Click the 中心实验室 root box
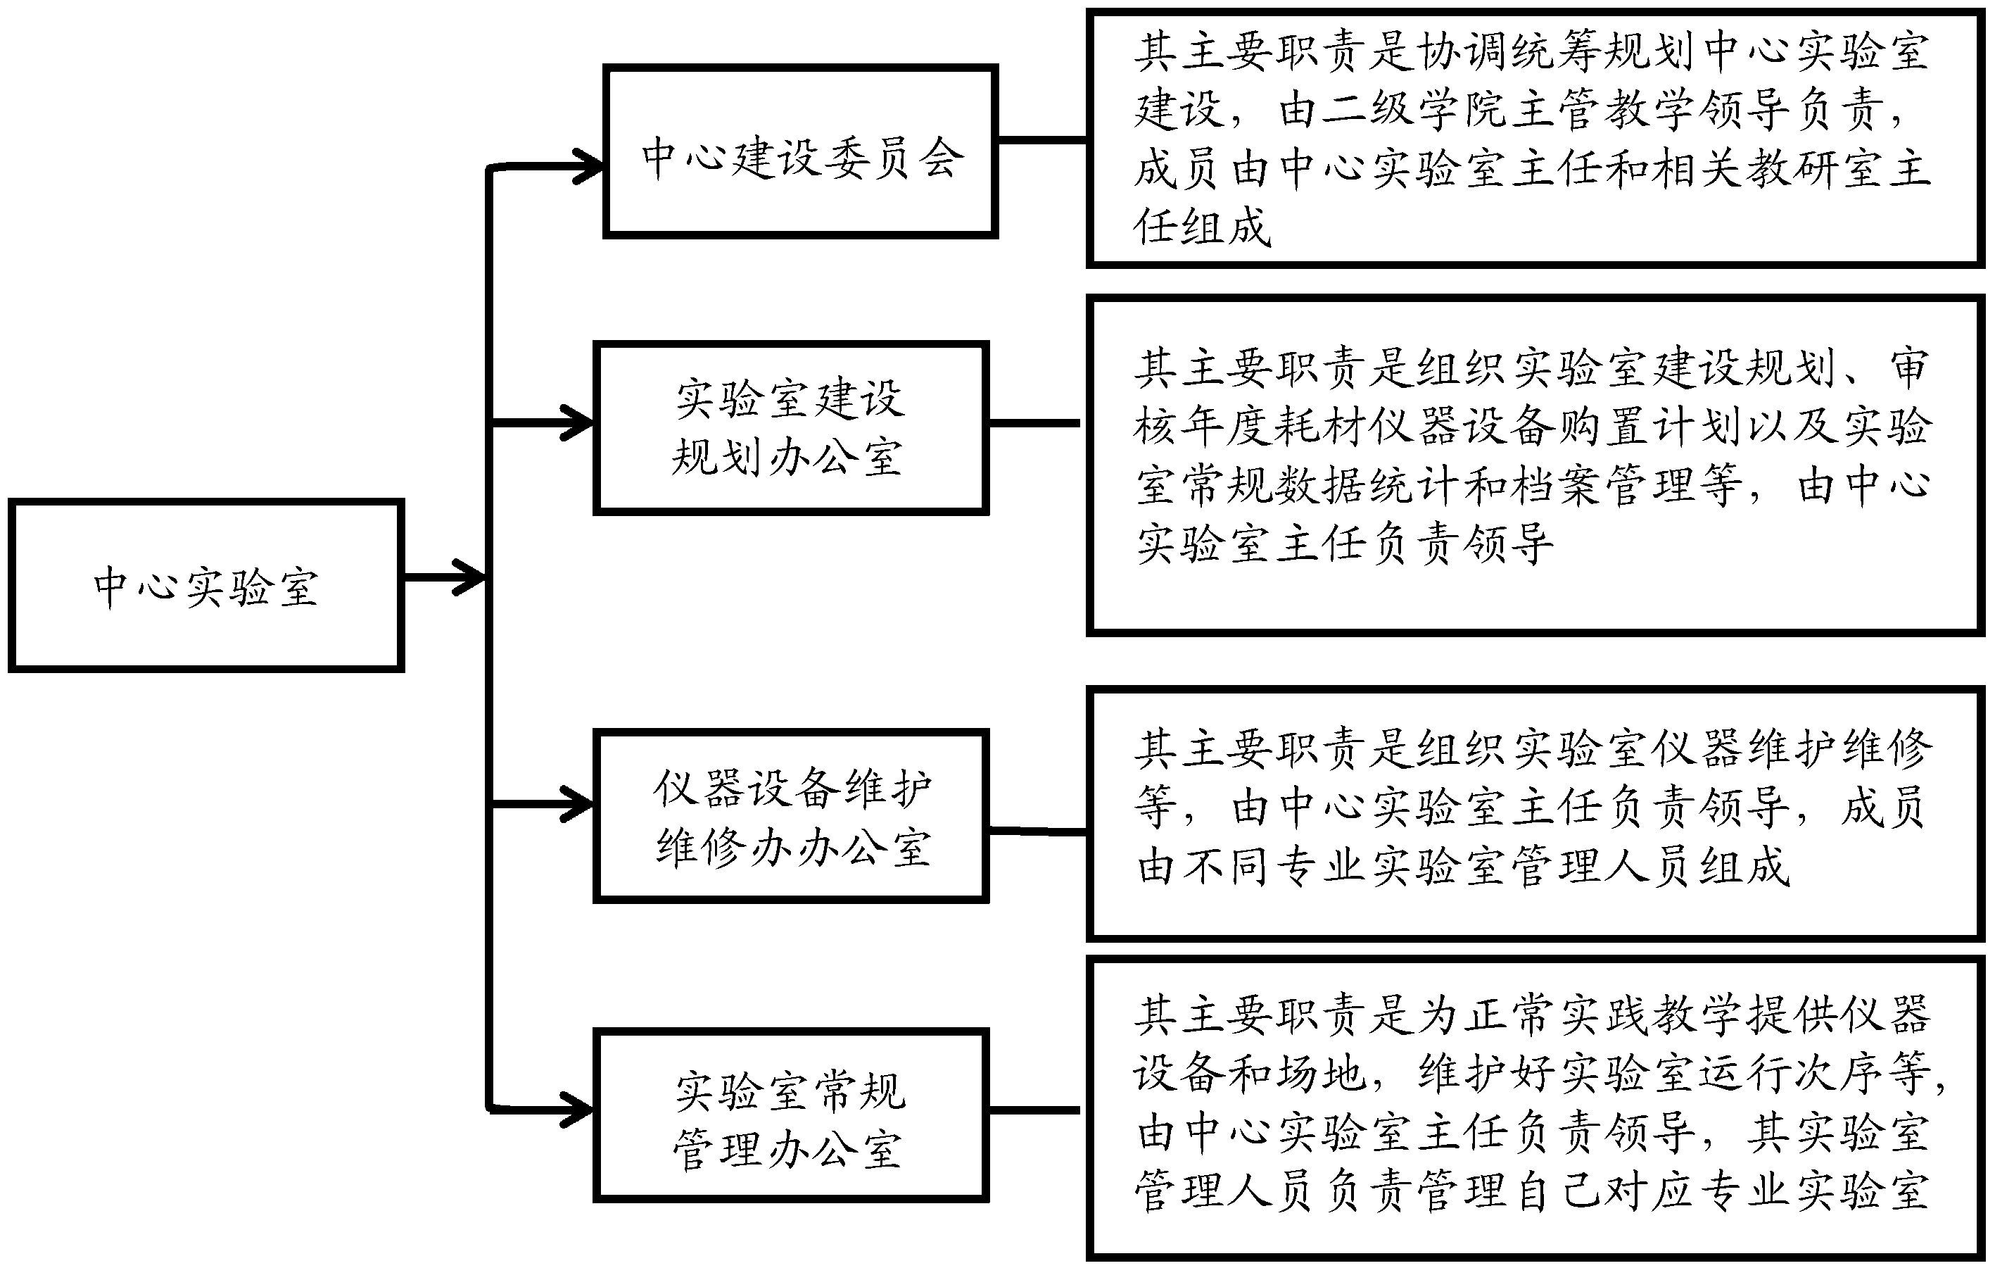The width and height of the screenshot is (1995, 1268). tap(205, 585)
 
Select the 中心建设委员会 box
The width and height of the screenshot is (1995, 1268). tap(800, 151)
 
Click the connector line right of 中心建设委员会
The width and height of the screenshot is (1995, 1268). tap(1042, 140)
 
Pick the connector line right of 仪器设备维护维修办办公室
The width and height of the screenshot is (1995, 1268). tap(1037, 830)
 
